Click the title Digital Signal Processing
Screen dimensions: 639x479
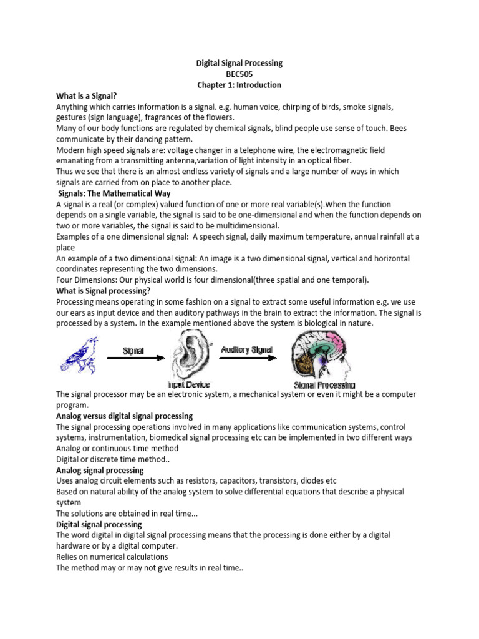pyautogui.click(x=239, y=63)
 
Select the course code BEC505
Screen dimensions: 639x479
pyautogui.click(x=239, y=74)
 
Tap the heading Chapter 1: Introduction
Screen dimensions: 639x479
pyautogui.click(x=239, y=85)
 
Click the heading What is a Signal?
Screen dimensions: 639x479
pyautogui.click(x=87, y=95)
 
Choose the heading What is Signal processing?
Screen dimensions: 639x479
pyautogui.click(x=104, y=290)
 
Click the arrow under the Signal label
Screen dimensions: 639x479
pyautogui.click(x=134, y=358)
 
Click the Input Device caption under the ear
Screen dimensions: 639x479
pyautogui.click(x=190, y=384)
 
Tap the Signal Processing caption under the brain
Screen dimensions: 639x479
pyautogui.click(x=324, y=385)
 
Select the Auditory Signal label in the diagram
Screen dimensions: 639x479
pyautogui.click(x=247, y=350)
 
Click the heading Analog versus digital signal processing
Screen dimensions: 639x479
pyautogui.click(x=125, y=416)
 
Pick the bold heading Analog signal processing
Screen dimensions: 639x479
pyautogui.click(x=100, y=471)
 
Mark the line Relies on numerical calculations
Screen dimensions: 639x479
pyautogui.click(x=112, y=557)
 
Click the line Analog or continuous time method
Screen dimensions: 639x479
pyautogui.click(x=117, y=449)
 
